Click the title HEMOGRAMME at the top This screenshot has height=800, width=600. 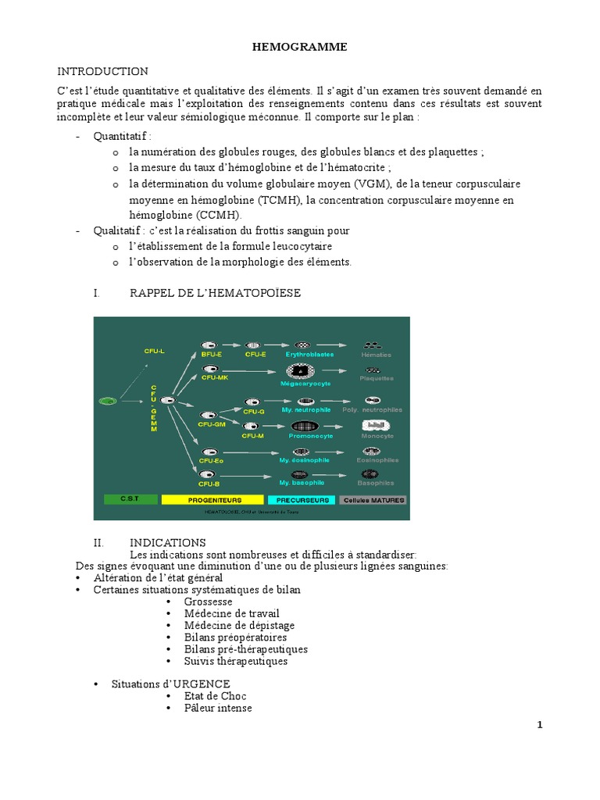[299, 48]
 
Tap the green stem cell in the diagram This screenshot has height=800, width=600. [108, 401]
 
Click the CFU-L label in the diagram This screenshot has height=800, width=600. [154, 352]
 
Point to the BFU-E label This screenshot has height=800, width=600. [212, 354]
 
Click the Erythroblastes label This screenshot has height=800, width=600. [310, 354]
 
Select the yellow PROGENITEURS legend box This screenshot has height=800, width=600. [213, 499]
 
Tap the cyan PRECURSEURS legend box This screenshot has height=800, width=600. [302, 499]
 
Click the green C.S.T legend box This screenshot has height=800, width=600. [128, 499]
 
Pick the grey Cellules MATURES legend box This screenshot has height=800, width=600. [373, 499]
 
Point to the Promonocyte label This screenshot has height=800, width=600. [312, 436]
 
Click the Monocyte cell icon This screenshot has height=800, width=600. [375, 426]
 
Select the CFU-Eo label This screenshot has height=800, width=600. [211, 461]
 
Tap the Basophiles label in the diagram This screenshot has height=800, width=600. [374, 483]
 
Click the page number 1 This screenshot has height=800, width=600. [539, 724]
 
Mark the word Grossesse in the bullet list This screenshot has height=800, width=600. [209, 602]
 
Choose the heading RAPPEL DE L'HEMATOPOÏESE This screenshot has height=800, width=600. [215, 292]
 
